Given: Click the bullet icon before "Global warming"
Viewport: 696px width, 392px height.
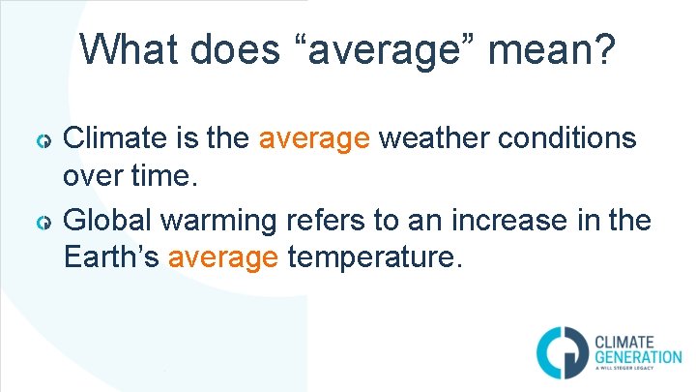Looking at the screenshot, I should pyautogui.click(x=43, y=225).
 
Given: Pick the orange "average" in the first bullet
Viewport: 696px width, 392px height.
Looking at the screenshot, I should pyautogui.click(x=314, y=139).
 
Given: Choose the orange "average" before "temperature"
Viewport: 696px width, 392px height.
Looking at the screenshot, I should pyautogui.click(x=224, y=257).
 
